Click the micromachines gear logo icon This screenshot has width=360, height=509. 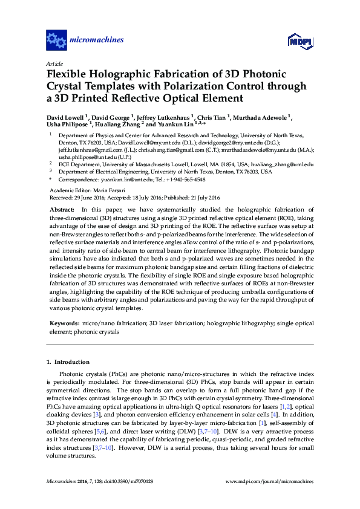56,41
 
